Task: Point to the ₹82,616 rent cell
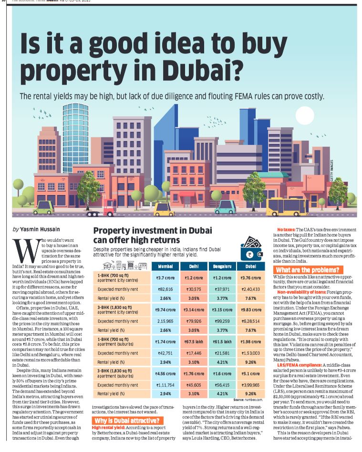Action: [x=165, y=289]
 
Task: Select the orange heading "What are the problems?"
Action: [x=308, y=270]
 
